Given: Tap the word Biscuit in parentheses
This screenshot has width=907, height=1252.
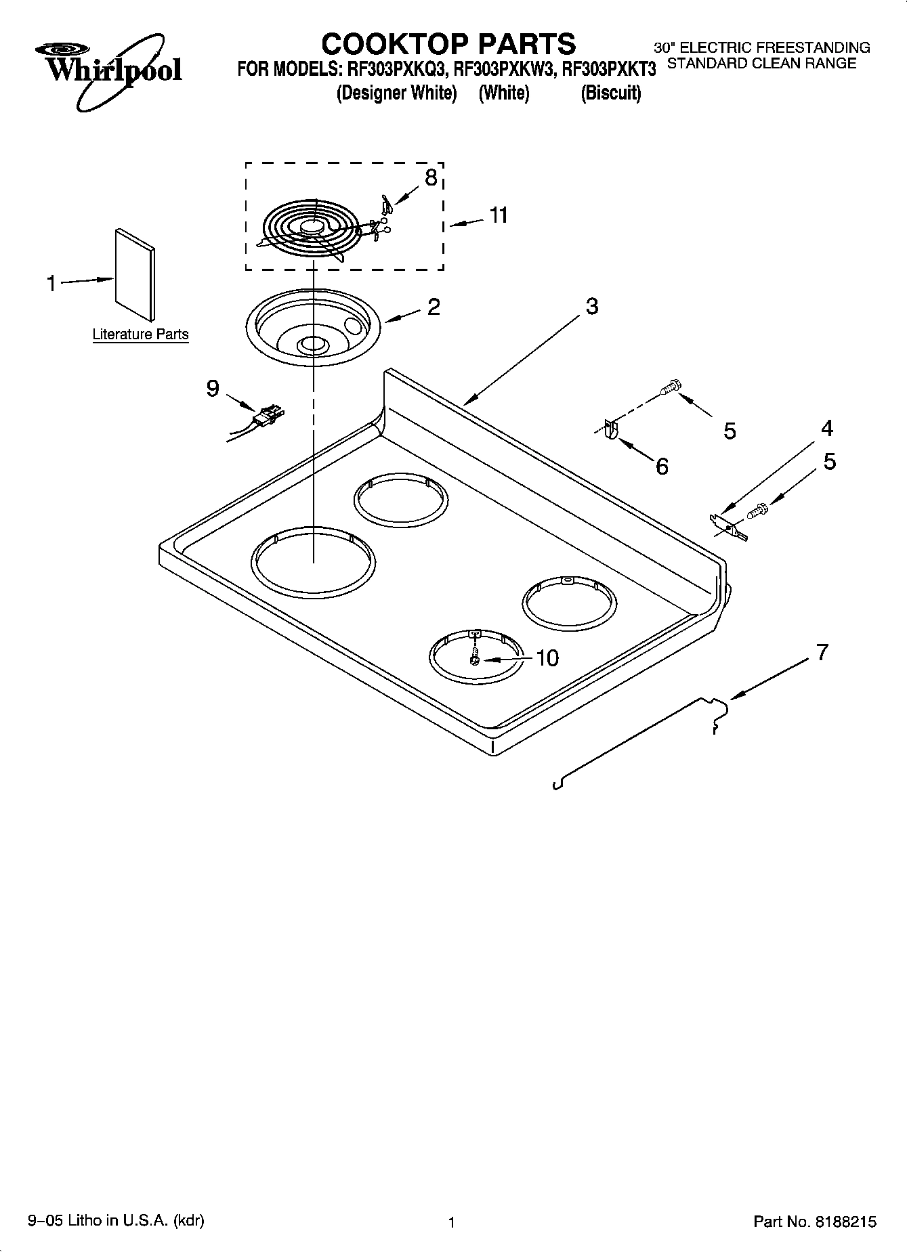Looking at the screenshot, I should click(610, 93).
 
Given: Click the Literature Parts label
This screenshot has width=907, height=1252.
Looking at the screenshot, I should click(140, 334).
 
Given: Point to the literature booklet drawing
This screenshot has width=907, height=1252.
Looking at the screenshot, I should click(134, 274).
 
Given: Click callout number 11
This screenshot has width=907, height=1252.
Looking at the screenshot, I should click(499, 216).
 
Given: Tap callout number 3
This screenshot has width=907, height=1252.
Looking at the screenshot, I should click(591, 306).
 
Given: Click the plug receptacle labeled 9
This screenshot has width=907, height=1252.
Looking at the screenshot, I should click(268, 416).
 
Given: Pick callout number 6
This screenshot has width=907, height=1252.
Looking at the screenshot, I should click(662, 466).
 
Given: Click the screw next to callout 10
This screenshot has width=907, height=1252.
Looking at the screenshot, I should click(475, 657).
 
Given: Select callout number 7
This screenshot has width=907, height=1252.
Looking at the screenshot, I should click(822, 653).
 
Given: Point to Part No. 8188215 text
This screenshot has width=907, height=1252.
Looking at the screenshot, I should click(815, 1222).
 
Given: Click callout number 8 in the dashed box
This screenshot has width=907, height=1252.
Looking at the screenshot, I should click(431, 177).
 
